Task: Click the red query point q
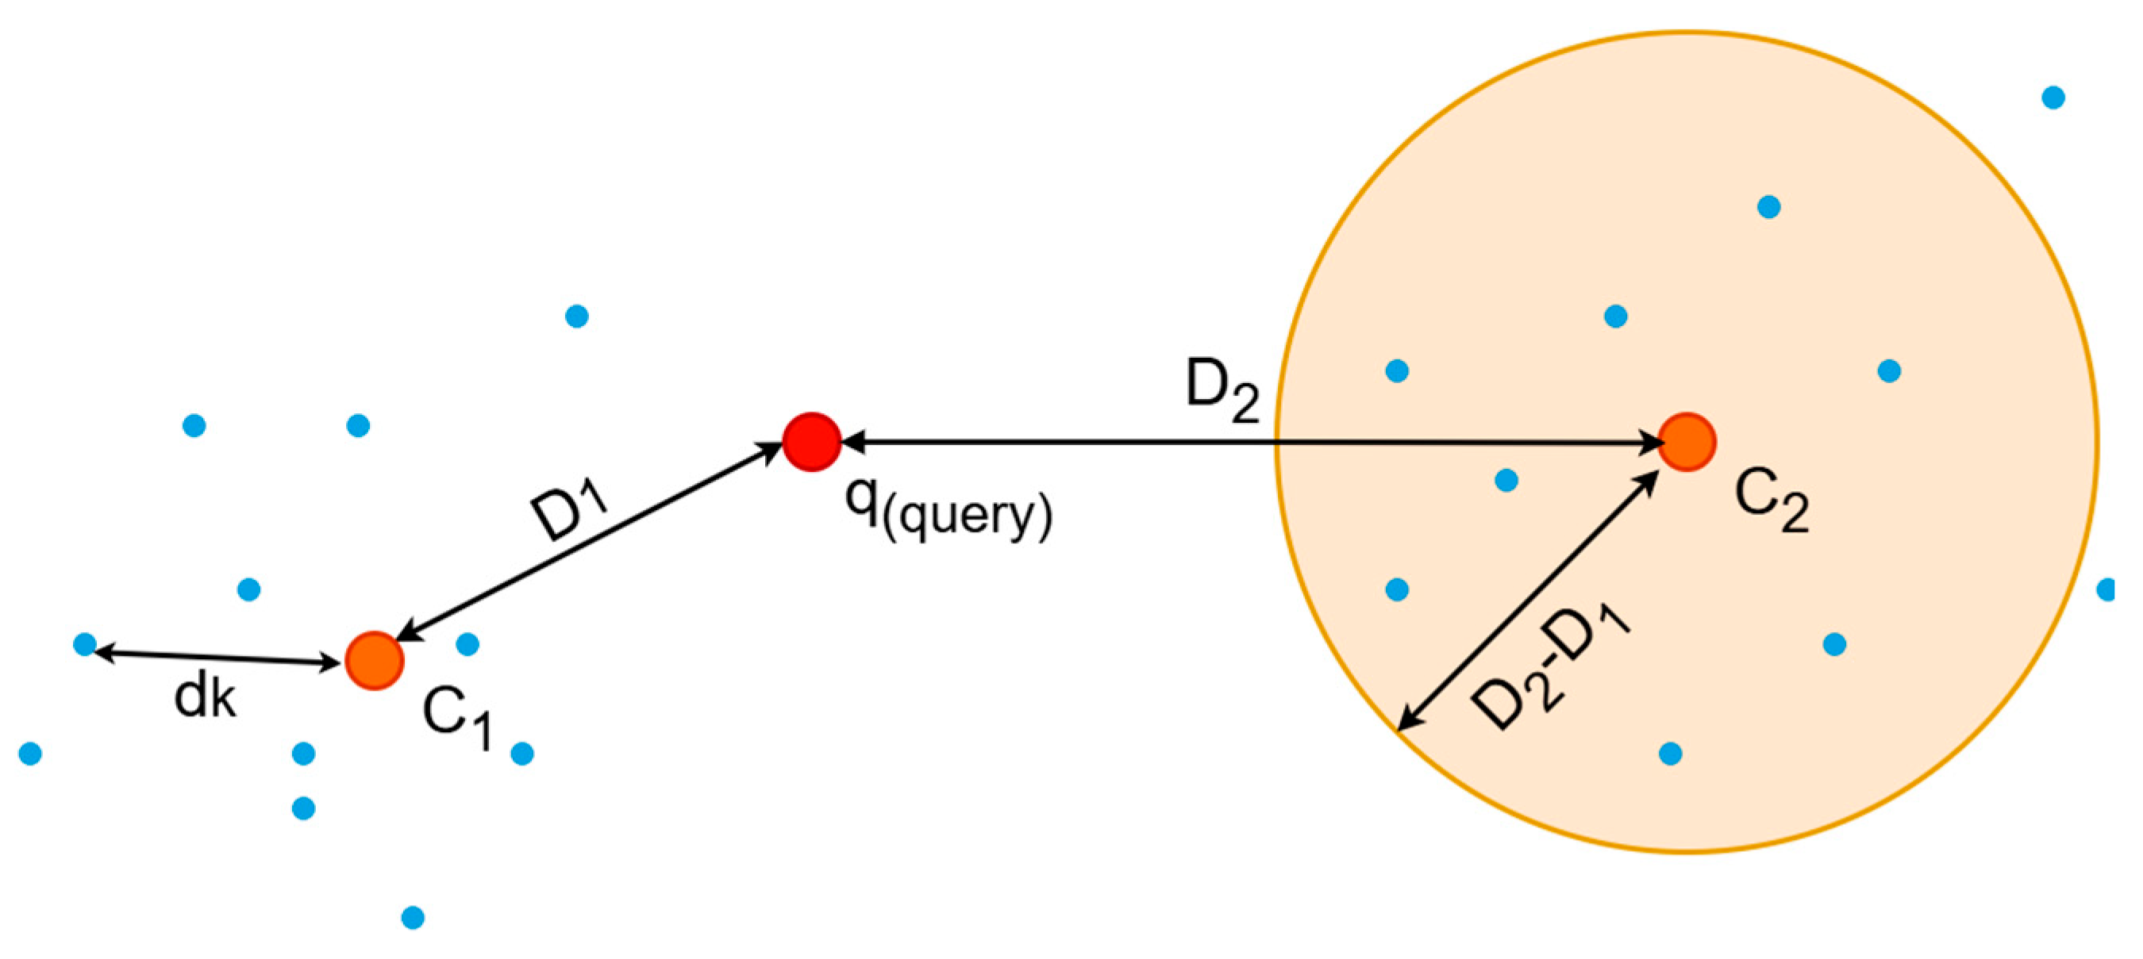pyautogui.click(x=812, y=442)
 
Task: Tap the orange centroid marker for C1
pyautogui.click(x=375, y=661)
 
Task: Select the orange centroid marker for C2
pyautogui.click(x=1687, y=442)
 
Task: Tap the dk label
pyautogui.click(x=205, y=696)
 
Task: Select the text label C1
pyautogui.click(x=456, y=717)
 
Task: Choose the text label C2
pyautogui.click(x=1771, y=500)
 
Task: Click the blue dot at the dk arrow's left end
pyautogui.click(x=85, y=644)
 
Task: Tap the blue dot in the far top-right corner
pyautogui.click(x=2053, y=98)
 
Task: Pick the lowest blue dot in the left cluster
pyautogui.click(x=413, y=918)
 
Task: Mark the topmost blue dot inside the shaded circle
pyautogui.click(x=1768, y=206)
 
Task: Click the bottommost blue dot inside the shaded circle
pyautogui.click(x=1671, y=754)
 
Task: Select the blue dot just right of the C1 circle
pyautogui.click(x=467, y=644)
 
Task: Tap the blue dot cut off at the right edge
pyautogui.click(x=2106, y=589)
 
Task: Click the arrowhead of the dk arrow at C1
pyautogui.click(x=333, y=663)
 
